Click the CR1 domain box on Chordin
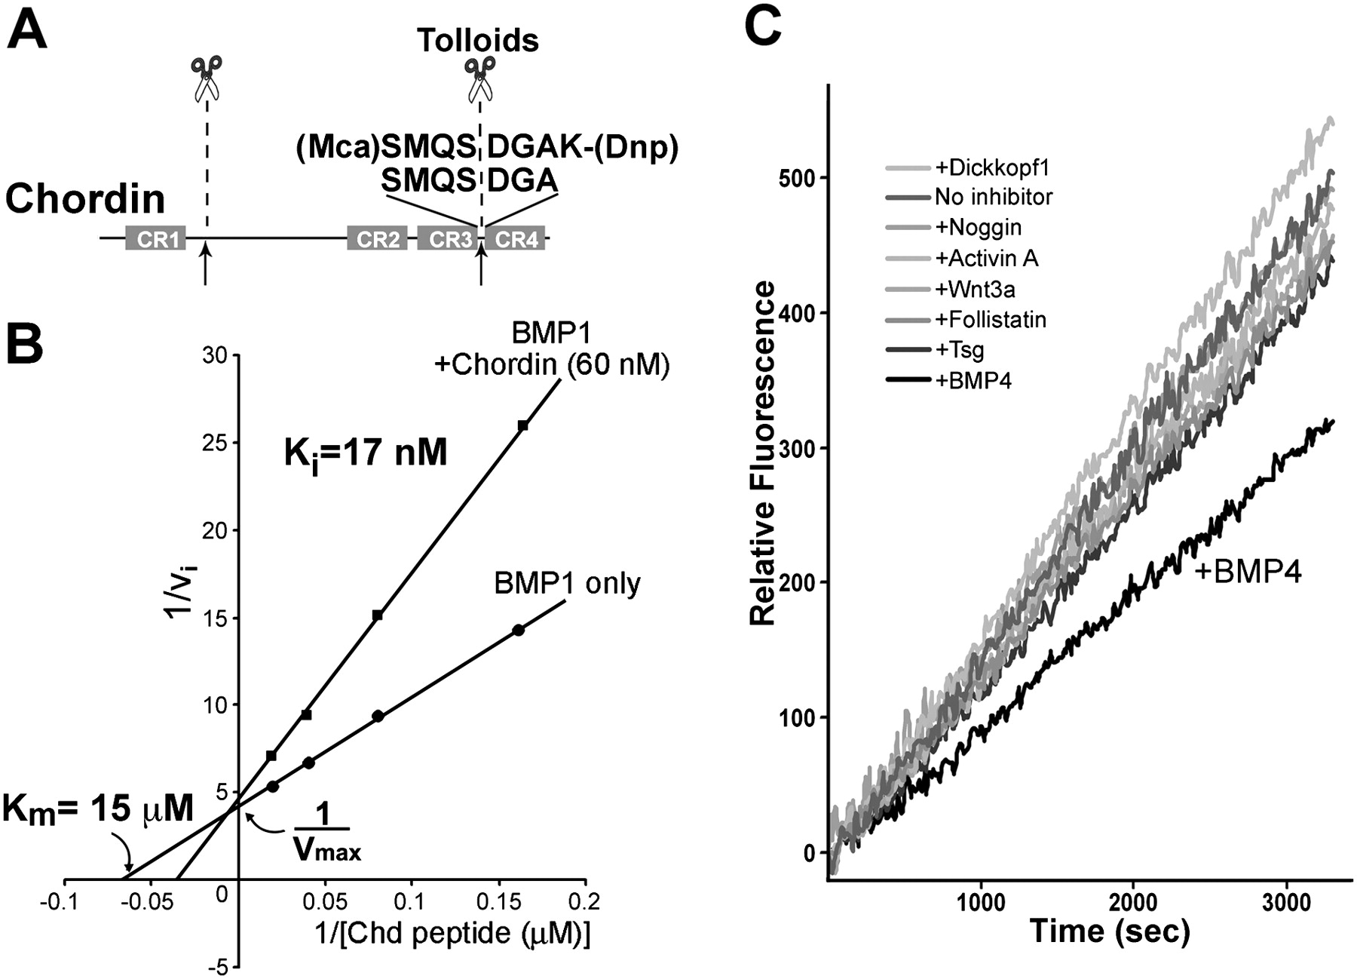[x=155, y=239]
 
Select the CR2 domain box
[x=377, y=239]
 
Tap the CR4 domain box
[x=516, y=239]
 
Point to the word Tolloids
[x=478, y=40]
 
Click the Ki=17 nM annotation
[x=365, y=453]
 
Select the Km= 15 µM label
[x=98, y=809]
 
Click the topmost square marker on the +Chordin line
[x=522, y=425]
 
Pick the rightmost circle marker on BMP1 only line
[x=518, y=630]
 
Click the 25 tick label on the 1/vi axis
[x=216, y=443]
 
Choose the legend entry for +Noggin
[x=978, y=227]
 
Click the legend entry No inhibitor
[x=993, y=197]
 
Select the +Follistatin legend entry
[x=990, y=320]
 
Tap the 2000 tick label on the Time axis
[x=1133, y=904]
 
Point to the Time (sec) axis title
[x=1110, y=931]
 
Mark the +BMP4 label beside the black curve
[x=1248, y=572]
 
